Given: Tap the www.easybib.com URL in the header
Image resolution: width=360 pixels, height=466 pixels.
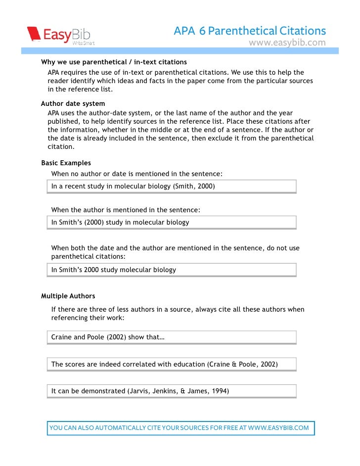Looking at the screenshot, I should click(287, 43).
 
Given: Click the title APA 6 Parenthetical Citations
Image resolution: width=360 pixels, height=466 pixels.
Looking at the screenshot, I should click(250, 31).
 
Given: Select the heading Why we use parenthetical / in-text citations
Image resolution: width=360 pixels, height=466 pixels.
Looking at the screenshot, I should click(114, 62).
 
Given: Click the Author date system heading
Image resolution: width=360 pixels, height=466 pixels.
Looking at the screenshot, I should click(73, 103).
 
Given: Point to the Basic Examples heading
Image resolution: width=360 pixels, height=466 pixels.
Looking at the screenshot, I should click(66, 163).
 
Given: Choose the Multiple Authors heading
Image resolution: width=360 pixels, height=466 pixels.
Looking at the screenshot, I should click(68, 296).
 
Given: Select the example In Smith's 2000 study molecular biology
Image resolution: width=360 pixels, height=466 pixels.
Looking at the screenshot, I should click(114, 270).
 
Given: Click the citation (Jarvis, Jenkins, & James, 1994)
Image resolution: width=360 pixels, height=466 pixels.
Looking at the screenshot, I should click(178, 391).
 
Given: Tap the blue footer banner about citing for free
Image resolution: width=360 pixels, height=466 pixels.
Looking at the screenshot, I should click(180, 428).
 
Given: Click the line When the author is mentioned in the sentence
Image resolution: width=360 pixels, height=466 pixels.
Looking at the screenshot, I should click(126, 210).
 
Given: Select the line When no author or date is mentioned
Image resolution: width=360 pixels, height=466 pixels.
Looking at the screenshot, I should click(137, 174).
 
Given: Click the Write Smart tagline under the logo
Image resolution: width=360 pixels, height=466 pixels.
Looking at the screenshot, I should click(84, 44).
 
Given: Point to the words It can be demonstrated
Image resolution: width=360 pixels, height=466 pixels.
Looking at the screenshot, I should click(88, 391).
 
